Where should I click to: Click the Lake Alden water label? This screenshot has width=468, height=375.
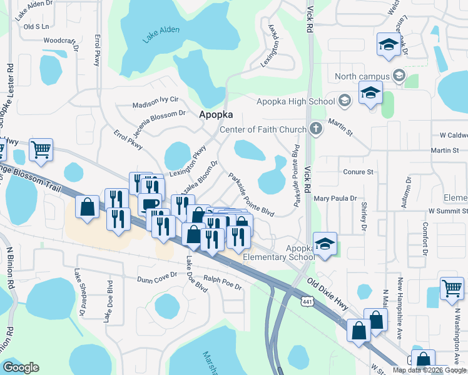[161, 33]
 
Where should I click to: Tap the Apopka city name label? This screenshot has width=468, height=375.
[216, 115]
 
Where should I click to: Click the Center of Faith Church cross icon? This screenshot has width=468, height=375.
[317, 129]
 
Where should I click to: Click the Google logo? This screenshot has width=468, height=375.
[21, 367]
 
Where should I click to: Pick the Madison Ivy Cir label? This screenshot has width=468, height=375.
[156, 99]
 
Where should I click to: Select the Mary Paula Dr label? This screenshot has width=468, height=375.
[338, 199]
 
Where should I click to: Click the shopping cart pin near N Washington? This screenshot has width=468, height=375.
[451, 289]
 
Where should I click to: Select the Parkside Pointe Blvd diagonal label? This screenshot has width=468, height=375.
[252, 195]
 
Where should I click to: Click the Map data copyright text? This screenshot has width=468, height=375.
[429, 370]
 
